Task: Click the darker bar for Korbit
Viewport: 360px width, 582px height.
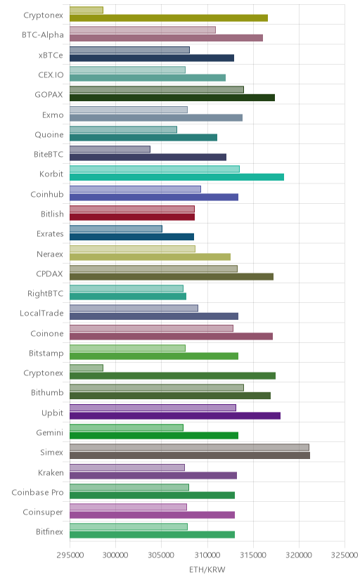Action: (x=176, y=177)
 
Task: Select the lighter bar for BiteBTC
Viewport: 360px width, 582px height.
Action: (x=110, y=149)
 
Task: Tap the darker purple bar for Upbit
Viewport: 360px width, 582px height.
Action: (x=175, y=415)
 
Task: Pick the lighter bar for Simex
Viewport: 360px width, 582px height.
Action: (x=189, y=447)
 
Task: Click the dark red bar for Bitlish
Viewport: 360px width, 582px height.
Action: (x=132, y=217)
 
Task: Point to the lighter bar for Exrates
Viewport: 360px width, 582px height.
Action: (x=116, y=228)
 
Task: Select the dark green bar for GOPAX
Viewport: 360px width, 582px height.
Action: (x=172, y=98)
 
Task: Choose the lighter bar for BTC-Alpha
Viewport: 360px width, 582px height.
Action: (x=143, y=30)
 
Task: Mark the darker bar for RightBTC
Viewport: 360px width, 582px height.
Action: (x=128, y=296)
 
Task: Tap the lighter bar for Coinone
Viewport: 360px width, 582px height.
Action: (x=151, y=328)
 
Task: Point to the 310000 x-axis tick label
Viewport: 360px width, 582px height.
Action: (x=207, y=555)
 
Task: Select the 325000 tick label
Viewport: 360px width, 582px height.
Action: (x=345, y=555)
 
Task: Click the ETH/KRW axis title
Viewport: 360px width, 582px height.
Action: (x=207, y=570)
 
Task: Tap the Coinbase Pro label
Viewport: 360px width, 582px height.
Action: (x=37, y=492)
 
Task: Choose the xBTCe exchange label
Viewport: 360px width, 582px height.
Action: (x=51, y=55)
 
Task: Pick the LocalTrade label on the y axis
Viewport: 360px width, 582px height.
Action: (x=41, y=313)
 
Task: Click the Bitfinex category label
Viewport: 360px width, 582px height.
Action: (x=50, y=532)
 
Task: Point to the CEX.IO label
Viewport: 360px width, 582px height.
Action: (x=51, y=75)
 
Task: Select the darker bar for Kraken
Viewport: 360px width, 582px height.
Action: (x=153, y=475)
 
